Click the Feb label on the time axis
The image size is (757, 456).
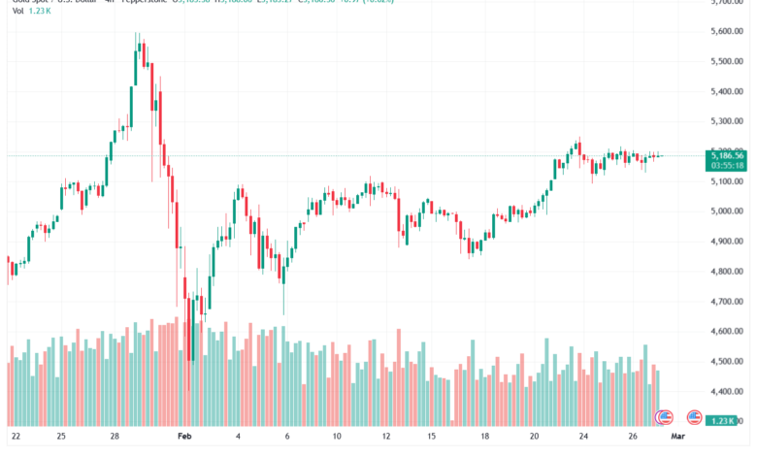point(184,438)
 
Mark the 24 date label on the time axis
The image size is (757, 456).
point(585,438)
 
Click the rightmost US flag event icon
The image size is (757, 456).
point(694,417)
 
